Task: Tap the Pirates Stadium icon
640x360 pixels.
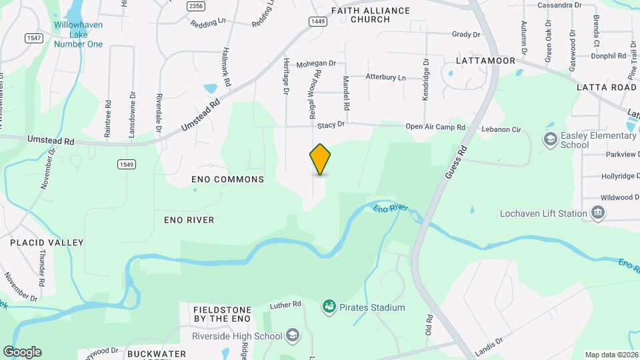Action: tap(329, 307)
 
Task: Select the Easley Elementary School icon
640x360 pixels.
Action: tap(550, 139)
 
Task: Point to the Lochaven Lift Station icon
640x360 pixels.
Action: tap(597, 213)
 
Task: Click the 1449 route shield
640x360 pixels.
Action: tap(318, 22)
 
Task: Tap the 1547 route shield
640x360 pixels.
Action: tap(34, 38)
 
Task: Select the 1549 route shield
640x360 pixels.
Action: tap(125, 164)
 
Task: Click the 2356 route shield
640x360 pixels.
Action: tap(196, 6)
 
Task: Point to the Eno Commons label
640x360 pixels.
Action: tap(227, 179)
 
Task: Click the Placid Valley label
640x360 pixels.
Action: tap(47, 243)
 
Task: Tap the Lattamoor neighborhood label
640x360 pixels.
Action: tap(486, 61)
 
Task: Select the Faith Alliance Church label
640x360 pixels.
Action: tap(361, 15)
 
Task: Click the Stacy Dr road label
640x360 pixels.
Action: tap(331, 125)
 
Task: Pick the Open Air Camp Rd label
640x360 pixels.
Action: tap(435, 127)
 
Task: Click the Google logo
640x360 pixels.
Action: tap(22, 352)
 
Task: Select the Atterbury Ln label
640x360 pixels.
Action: tap(385, 77)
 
